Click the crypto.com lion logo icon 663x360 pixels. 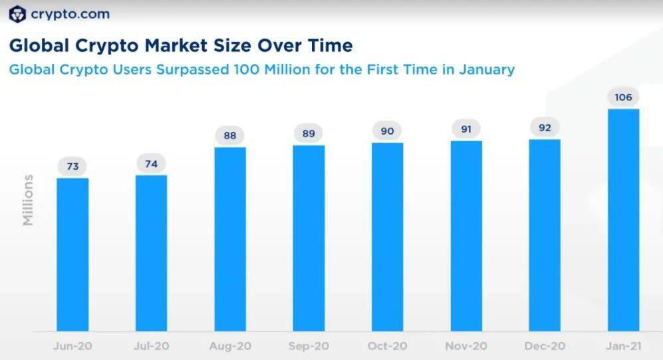click(17, 14)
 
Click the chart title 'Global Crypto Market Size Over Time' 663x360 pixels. click(181, 46)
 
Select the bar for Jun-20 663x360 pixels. click(72, 255)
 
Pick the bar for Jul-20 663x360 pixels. click(152, 253)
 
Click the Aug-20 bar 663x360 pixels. click(230, 239)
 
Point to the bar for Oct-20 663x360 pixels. click(387, 237)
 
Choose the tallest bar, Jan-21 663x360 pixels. click(624, 220)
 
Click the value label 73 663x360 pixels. click(72, 166)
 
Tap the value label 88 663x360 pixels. click(230, 135)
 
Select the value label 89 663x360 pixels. click(309, 134)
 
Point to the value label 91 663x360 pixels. click(466, 129)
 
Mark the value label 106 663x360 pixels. click(623, 97)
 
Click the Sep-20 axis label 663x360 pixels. click(309, 346)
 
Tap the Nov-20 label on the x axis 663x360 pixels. click(466, 346)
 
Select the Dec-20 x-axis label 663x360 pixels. click(545, 346)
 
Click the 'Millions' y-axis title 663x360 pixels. click(28, 200)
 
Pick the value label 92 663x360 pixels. click(545, 127)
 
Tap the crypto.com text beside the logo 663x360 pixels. click(70, 15)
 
